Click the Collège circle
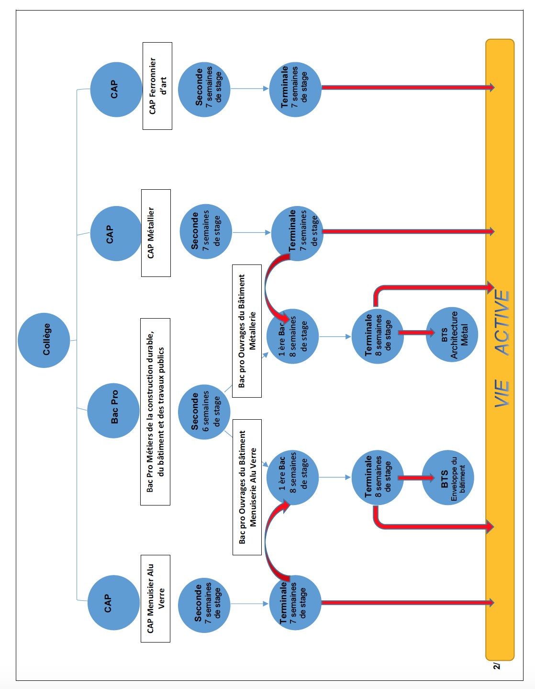coord(44,340)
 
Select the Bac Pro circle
coord(113,411)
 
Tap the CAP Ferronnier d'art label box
coord(157,86)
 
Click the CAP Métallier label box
coord(156,233)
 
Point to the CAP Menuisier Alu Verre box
coord(156,598)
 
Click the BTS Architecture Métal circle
coord(452,334)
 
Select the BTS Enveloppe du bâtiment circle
coord(448,478)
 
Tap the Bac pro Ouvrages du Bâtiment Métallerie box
coord(247,331)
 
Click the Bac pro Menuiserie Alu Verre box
coord(247,487)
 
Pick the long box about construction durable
coord(156,412)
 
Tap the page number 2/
coord(497,666)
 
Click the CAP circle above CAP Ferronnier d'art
coord(116,90)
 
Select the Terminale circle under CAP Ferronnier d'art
coord(295,90)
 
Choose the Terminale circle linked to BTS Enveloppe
coord(378,478)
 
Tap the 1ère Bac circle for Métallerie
coord(292,336)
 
